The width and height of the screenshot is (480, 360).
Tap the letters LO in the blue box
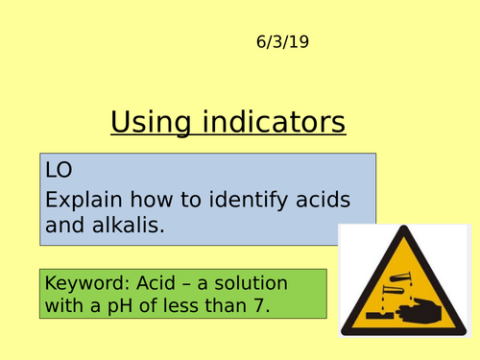59,170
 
